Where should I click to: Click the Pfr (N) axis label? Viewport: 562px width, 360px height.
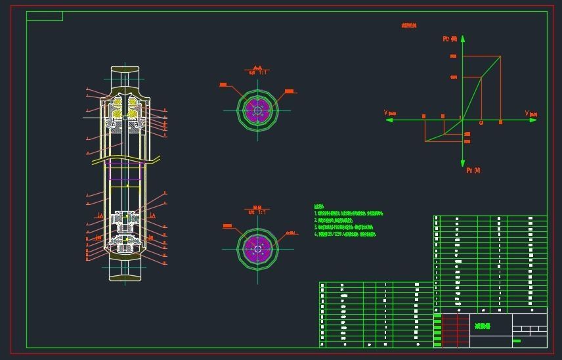[450, 39]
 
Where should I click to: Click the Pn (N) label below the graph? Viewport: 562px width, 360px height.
[473, 170]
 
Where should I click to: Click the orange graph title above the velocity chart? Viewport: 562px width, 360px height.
[409, 26]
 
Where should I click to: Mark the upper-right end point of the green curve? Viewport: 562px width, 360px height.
[500, 56]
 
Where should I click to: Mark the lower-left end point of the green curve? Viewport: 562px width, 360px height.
[425, 141]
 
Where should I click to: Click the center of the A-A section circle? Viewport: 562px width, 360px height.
[258, 110]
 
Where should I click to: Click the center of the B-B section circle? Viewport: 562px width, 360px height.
[258, 248]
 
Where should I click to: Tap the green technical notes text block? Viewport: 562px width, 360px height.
[348, 221]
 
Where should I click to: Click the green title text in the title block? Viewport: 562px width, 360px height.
[483, 326]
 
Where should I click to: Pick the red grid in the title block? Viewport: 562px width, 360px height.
[456, 330]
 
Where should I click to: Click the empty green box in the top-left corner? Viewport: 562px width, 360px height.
[45, 16]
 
